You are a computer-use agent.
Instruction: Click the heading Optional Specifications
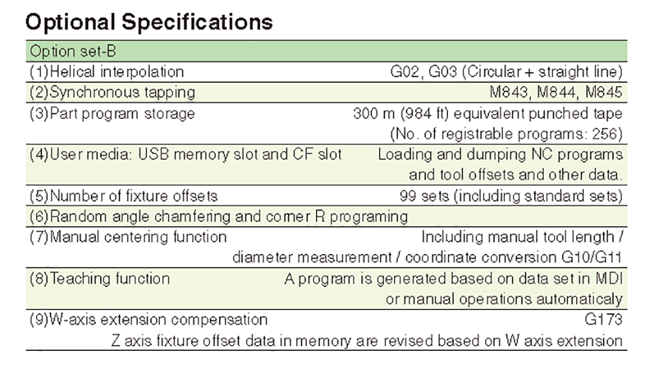click(149, 22)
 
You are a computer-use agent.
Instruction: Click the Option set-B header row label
click(73, 52)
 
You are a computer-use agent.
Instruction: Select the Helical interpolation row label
click(107, 72)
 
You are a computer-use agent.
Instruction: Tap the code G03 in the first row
click(443, 72)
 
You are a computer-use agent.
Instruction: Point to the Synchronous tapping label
click(113, 92)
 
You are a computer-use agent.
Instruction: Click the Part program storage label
click(113, 114)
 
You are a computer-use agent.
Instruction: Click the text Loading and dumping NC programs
click(500, 155)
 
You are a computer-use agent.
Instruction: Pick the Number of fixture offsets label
click(123, 196)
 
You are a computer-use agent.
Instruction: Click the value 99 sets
click(424, 196)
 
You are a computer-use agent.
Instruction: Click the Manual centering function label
click(128, 237)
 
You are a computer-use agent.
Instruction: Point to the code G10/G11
click(591, 258)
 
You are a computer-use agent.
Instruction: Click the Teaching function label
click(100, 278)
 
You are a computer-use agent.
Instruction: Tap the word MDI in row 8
click(609, 278)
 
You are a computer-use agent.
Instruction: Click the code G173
click(603, 319)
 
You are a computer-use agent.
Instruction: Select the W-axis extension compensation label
click(148, 319)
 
